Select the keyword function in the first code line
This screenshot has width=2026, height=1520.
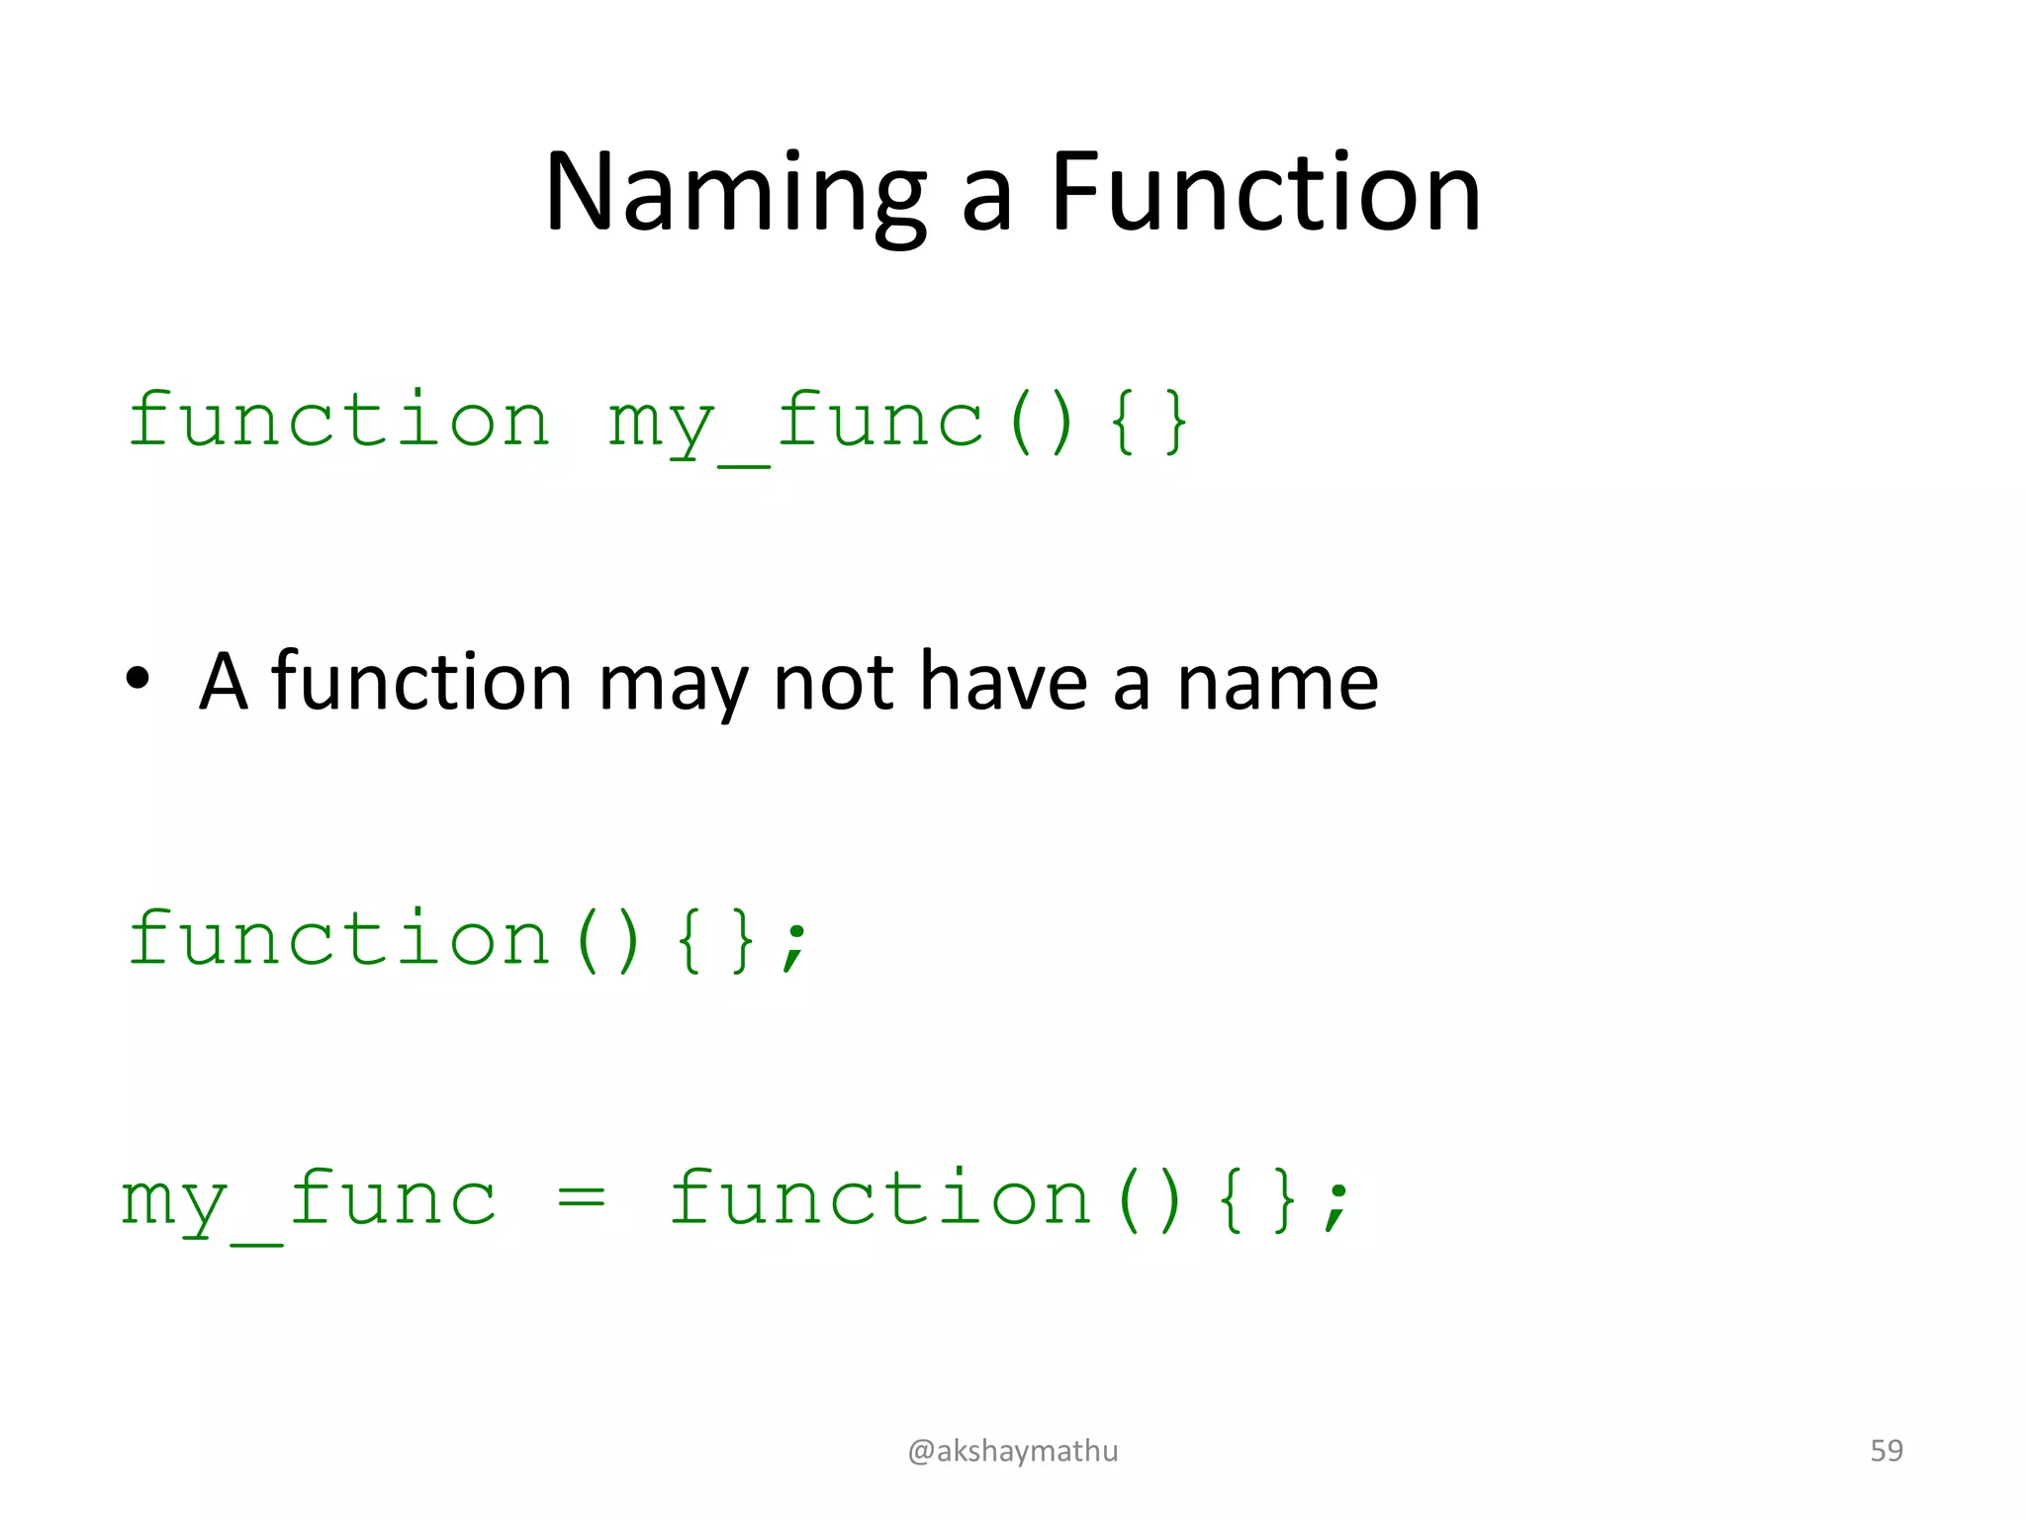tap(338, 421)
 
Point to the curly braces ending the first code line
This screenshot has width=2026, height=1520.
tap(1148, 423)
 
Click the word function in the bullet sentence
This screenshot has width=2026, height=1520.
tap(421, 683)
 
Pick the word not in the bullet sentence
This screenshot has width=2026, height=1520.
tap(834, 683)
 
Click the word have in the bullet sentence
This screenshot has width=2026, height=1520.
tap(1003, 683)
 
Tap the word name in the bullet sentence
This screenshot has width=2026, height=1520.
tap(1277, 683)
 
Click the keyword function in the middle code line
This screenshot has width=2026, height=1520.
tap(338, 939)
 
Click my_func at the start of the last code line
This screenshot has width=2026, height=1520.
tap(308, 1200)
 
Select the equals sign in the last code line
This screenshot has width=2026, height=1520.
tap(581, 1198)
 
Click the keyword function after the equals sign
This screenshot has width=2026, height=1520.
tap(879, 1199)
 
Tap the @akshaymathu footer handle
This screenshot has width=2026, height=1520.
tap(1012, 1451)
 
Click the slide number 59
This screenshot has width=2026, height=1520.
tap(1886, 1451)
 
